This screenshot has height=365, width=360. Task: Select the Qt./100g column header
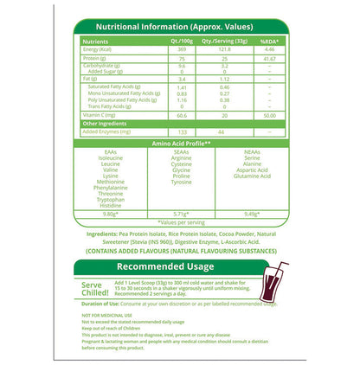181,40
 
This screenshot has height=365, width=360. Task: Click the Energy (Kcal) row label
100,49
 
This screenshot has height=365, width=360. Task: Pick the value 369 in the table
181,49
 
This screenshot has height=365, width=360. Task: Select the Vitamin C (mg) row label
102,114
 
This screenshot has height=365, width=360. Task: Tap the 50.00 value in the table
269,114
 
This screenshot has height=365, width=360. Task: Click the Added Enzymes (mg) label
106,132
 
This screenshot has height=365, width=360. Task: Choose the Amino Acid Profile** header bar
181,143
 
